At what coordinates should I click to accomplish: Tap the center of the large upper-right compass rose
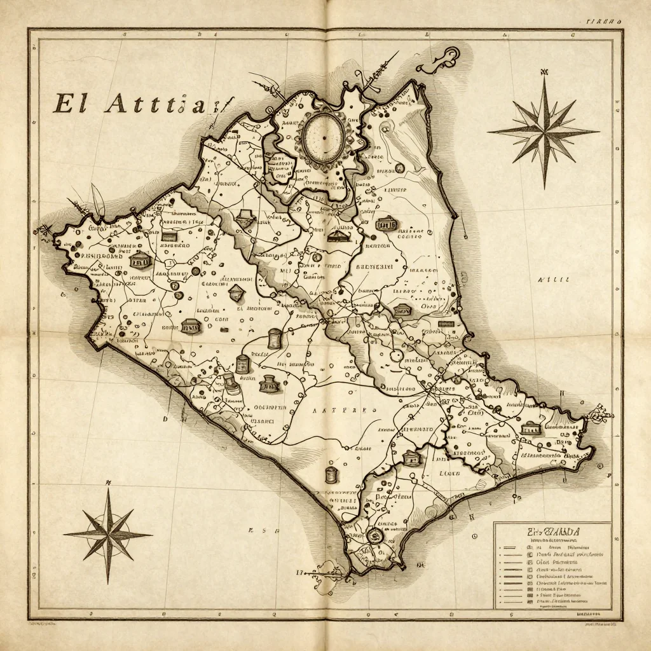coord(544,131)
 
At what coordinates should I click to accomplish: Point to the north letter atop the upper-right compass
coord(545,71)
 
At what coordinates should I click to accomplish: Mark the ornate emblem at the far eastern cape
coord(598,415)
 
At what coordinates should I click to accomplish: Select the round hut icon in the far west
coord(138,261)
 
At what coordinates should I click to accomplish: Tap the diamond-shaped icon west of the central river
coord(236,292)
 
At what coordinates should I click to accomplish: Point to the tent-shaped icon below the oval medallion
coord(337,236)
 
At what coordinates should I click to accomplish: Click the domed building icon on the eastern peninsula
coord(530,429)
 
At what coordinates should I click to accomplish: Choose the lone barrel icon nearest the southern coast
coord(330,474)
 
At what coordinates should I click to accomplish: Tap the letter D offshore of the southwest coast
coord(165,419)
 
